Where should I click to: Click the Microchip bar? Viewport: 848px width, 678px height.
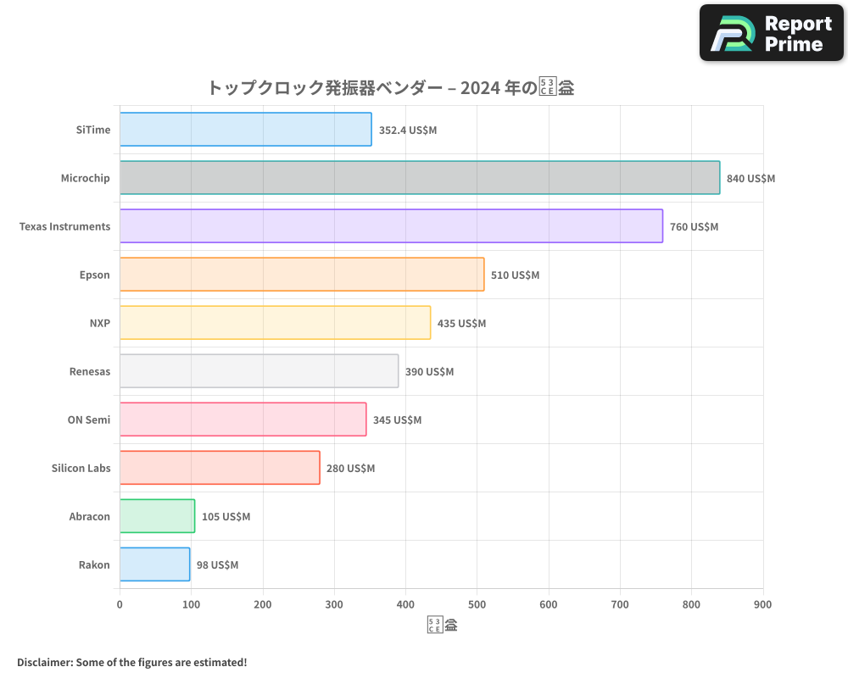click(x=419, y=178)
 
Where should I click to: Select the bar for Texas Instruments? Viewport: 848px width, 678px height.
click(x=391, y=226)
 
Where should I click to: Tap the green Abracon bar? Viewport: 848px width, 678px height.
click(x=157, y=516)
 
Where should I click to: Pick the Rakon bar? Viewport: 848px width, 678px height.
click(x=154, y=564)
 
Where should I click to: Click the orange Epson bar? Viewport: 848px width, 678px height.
click(x=301, y=275)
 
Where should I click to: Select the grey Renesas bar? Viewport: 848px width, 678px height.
click(x=259, y=371)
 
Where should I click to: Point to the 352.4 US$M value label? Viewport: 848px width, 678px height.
click(x=408, y=131)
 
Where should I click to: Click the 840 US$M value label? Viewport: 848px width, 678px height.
click(x=750, y=179)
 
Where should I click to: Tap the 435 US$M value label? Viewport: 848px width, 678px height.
click(x=461, y=324)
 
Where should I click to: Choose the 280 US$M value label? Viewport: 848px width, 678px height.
click(x=350, y=469)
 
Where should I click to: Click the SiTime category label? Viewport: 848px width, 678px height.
click(x=92, y=131)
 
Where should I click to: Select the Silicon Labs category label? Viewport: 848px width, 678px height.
click(x=81, y=469)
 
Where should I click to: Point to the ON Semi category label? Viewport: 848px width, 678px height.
click(x=88, y=420)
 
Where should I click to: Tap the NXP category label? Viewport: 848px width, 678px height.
click(x=99, y=324)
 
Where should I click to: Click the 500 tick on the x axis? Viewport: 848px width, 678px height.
click(x=477, y=604)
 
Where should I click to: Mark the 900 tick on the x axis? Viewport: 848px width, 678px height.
click(x=762, y=604)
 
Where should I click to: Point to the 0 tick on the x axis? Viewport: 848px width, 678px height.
click(x=120, y=604)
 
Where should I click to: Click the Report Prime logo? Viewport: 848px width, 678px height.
click(x=771, y=33)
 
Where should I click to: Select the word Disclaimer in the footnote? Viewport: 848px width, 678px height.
click(x=43, y=663)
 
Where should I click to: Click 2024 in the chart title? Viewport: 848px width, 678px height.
click(x=479, y=87)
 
